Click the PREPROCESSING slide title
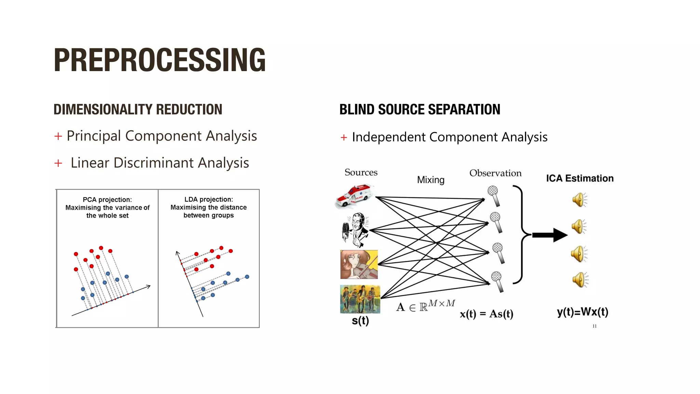click(x=159, y=60)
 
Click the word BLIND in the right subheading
click(x=356, y=109)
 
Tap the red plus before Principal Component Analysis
click(x=58, y=136)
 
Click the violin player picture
click(x=359, y=264)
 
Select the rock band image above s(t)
click(x=360, y=299)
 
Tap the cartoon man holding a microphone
click(x=355, y=229)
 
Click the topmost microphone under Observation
click(x=494, y=195)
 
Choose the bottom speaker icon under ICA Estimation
click(x=579, y=280)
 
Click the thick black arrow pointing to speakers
click(x=550, y=235)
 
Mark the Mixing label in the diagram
click(x=431, y=180)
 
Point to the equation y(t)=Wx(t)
click(x=582, y=312)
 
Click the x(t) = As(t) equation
click(x=486, y=314)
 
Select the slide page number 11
click(x=594, y=326)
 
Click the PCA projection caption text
click(x=107, y=207)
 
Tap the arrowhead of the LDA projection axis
click(x=177, y=253)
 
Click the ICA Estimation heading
click(x=580, y=179)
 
